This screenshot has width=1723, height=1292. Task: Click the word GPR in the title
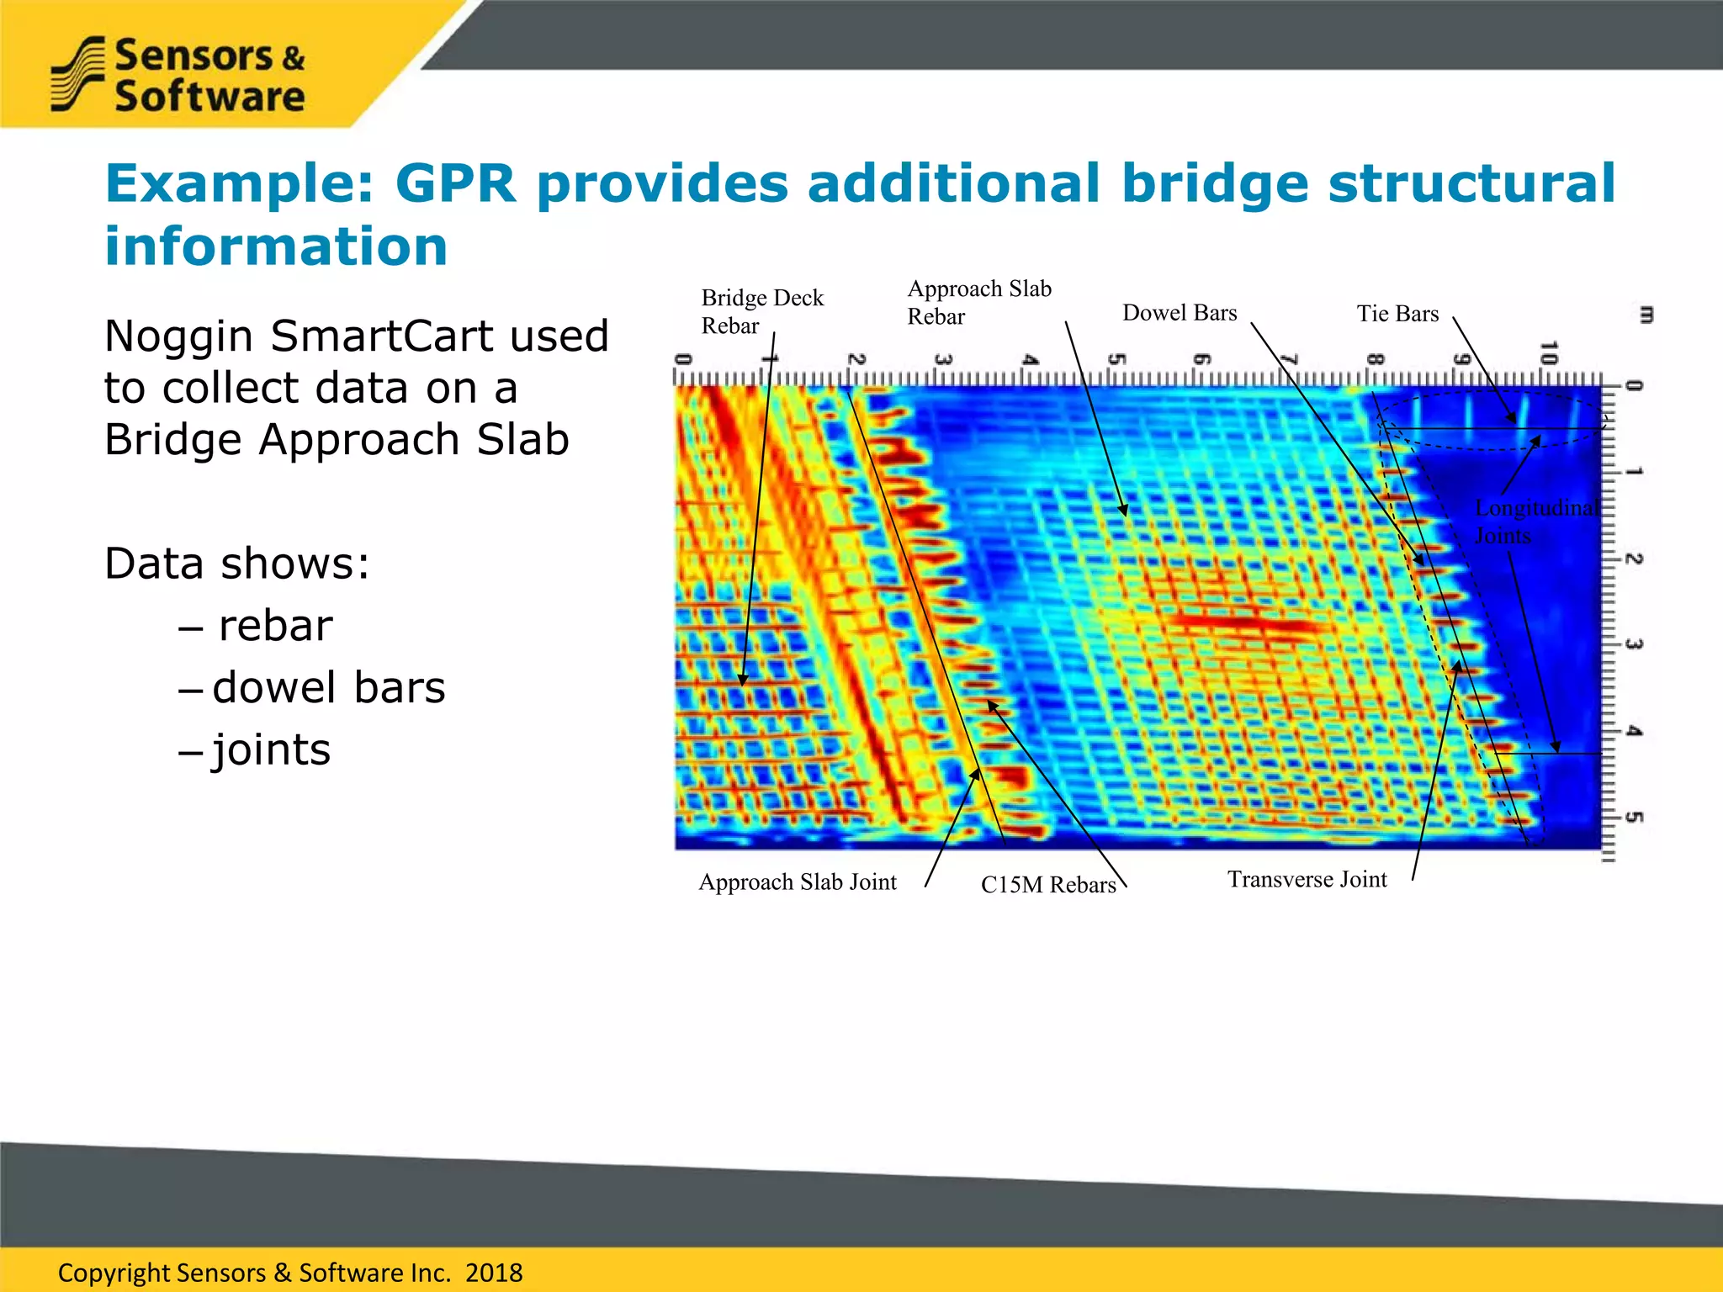pos(454,183)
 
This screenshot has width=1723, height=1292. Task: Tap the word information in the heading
pos(276,246)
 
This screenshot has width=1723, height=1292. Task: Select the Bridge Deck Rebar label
pos(761,311)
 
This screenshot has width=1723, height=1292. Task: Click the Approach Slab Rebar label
pos(978,302)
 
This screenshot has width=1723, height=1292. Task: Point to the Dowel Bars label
pos(1179,313)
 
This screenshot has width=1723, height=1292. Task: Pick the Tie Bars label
pos(1397,314)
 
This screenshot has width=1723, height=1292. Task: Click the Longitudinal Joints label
pos(1535,521)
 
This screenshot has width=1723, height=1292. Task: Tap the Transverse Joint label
pos(1306,879)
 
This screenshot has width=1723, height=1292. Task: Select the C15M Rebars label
pos(1047,884)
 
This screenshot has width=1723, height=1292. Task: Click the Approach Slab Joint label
pos(797,882)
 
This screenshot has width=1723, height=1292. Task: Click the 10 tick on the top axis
pos(1548,353)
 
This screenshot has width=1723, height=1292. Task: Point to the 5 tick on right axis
pos(1633,817)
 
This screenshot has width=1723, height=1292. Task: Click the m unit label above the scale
pos(1646,315)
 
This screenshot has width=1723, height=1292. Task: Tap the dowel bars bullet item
pos(328,687)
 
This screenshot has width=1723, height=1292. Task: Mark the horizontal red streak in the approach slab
pos(1245,623)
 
